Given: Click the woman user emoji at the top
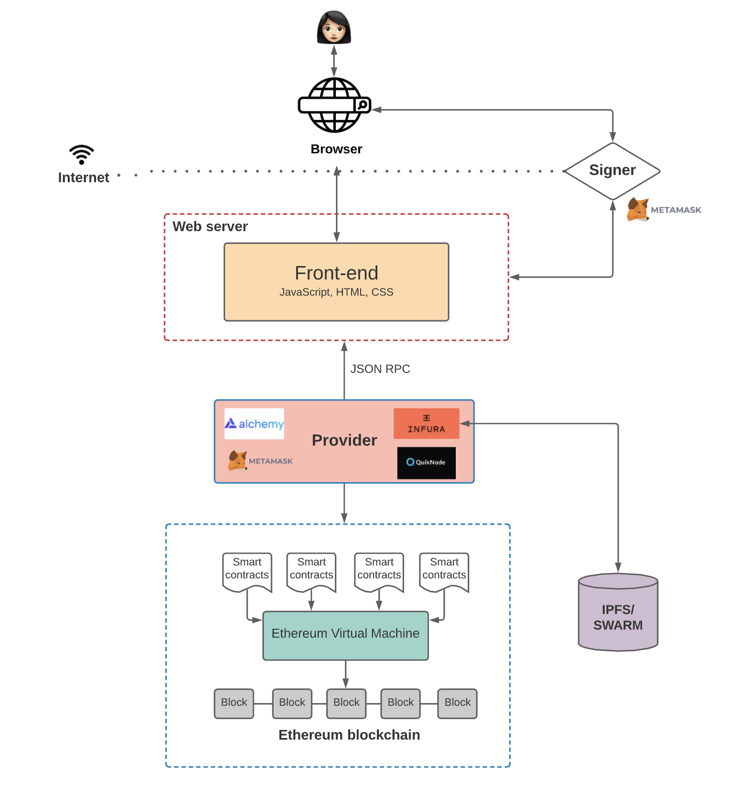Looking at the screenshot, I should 334,27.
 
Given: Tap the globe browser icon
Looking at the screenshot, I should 334,105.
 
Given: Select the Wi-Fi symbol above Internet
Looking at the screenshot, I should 82,154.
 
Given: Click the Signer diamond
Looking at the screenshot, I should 612,170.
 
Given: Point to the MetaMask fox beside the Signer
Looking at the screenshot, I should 638,210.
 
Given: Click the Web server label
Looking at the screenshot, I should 210,226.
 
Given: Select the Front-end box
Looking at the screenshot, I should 336,282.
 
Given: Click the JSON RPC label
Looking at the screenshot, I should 380,369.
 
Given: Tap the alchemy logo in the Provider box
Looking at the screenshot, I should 254,424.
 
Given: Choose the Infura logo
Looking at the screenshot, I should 426,424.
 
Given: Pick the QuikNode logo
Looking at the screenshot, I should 426,462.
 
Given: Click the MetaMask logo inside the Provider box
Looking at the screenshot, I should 260,461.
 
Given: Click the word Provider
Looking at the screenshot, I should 345,440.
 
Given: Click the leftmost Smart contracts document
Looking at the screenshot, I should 247,571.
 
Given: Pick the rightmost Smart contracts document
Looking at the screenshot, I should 444,571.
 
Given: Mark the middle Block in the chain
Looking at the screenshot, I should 346,703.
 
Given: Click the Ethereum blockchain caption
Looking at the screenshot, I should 349,735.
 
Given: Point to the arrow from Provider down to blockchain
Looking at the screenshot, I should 345,503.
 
